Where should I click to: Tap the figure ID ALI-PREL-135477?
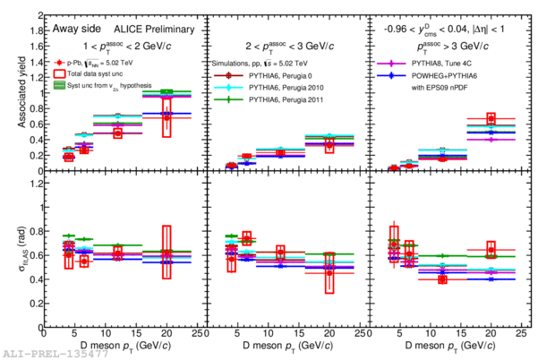click(x=45, y=354)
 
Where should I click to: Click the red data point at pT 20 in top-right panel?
click(x=491, y=119)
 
